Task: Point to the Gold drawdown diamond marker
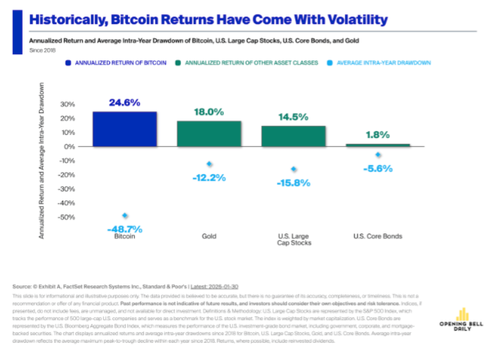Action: pos(209,164)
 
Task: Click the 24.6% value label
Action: pos(125,102)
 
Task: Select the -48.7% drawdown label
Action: pos(125,228)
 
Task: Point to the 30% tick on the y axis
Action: pos(69,104)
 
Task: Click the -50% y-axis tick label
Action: pos(67,218)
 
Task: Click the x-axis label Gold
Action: pos(209,236)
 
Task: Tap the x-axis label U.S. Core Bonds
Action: pos(378,236)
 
